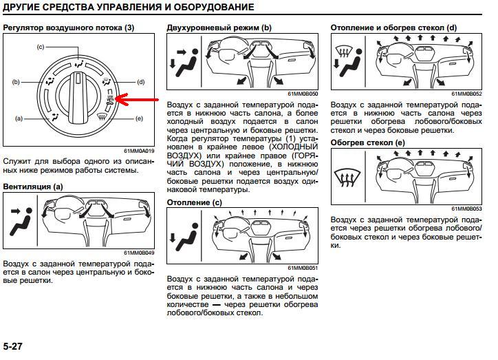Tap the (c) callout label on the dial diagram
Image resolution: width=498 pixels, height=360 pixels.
click(40, 46)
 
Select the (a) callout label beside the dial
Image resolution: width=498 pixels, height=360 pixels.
click(20, 118)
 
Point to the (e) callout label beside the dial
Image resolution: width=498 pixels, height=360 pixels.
click(140, 118)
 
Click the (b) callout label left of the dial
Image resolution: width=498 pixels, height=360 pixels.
click(16, 82)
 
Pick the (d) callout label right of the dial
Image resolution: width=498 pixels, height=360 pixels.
click(140, 82)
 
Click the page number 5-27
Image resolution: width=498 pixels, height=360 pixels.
click(13, 346)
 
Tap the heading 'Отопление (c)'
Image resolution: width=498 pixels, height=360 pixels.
click(195, 202)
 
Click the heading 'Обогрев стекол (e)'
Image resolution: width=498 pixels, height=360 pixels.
click(368, 142)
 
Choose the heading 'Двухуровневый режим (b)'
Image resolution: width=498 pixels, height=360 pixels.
click(219, 28)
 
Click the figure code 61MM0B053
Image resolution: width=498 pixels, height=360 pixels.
click(466, 209)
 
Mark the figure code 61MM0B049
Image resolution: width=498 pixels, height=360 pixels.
click(140, 253)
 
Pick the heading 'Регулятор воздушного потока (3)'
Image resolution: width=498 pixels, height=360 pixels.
click(69, 28)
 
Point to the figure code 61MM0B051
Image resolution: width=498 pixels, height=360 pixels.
click(303, 268)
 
